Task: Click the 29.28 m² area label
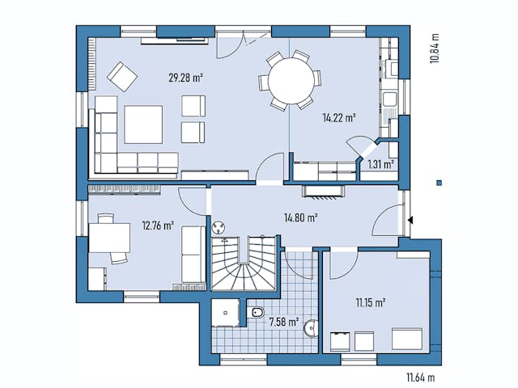click(x=185, y=78)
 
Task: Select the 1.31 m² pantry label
click(x=380, y=164)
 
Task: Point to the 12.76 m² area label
click(x=158, y=226)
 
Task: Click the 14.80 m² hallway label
click(x=299, y=217)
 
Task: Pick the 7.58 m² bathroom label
click(x=282, y=323)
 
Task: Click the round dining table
click(x=287, y=80)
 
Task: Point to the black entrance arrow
click(x=412, y=219)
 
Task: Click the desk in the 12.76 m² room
click(x=109, y=238)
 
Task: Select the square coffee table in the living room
click(x=142, y=125)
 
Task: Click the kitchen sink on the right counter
click(x=389, y=102)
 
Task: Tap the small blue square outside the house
click(x=439, y=182)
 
